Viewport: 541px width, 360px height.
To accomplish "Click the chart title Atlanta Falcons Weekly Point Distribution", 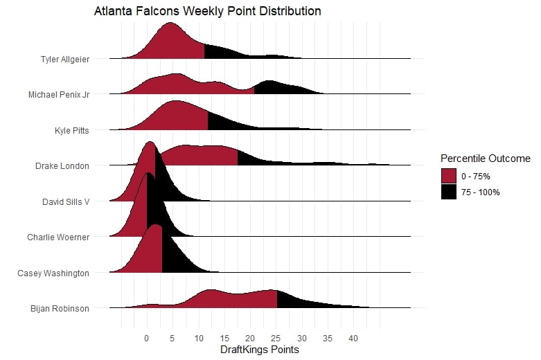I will (207, 12).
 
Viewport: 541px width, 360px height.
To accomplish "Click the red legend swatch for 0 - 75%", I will (450, 175).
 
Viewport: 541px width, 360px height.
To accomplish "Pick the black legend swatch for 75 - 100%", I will (450, 192).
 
